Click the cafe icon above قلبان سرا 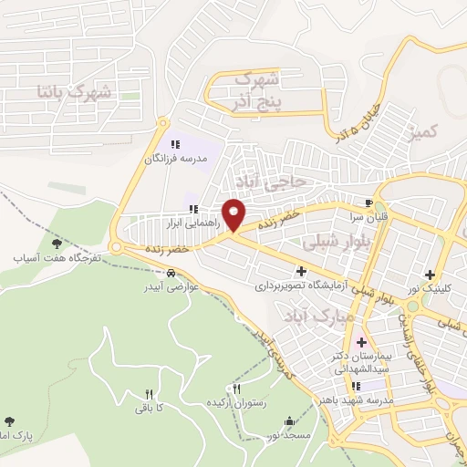point(368,203)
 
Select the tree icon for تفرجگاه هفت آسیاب point(57,244)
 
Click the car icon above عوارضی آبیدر point(171,273)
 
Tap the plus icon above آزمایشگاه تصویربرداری point(301,271)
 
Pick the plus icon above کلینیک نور point(429,275)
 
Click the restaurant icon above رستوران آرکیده point(237,389)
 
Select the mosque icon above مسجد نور point(290,421)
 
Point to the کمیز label point(426,134)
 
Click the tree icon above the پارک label point(10,421)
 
